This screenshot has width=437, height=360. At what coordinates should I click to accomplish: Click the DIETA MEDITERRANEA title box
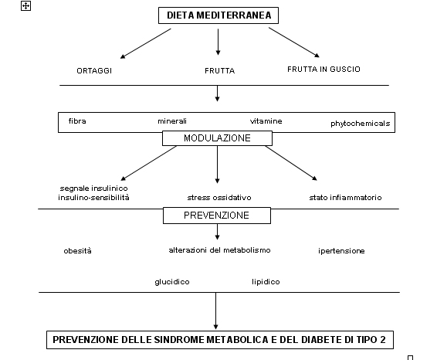click(x=218, y=15)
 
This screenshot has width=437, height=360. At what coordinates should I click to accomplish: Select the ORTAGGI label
click(x=94, y=71)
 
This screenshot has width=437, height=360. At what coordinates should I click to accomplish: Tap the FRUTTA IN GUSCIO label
click(x=324, y=70)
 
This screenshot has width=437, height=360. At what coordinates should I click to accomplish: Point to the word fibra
click(x=77, y=121)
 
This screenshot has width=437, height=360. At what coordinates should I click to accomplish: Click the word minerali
click(x=172, y=121)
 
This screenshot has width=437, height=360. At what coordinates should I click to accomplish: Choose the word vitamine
click(x=266, y=121)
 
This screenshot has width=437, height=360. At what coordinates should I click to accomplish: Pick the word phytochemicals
click(x=360, y=124)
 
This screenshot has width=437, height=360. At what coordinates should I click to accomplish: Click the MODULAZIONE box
click(x=217, y=138)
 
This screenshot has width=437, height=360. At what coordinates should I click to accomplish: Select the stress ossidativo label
click(x=219, y=198)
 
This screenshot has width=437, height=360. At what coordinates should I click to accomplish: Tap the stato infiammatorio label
click(x=345, y=198)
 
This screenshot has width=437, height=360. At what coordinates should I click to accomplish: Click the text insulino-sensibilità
click(x=93, y=198)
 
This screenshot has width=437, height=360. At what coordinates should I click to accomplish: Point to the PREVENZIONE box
click(x=216, y=216)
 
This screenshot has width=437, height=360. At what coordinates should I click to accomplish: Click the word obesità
click(x=77, y=251)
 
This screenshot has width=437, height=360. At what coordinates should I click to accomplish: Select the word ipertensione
click(x=341, y=251)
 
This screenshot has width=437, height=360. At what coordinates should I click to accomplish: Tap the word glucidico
click(x=172, y=282)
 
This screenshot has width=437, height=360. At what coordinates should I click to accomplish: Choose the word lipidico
click(x=266, y=282)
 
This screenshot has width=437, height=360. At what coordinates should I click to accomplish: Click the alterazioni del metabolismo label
click(x=219, y=250)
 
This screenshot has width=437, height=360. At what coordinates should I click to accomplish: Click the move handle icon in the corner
click(x=25, y=6)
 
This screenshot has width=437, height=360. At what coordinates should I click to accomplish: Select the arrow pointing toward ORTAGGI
click(x=145, y=43)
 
